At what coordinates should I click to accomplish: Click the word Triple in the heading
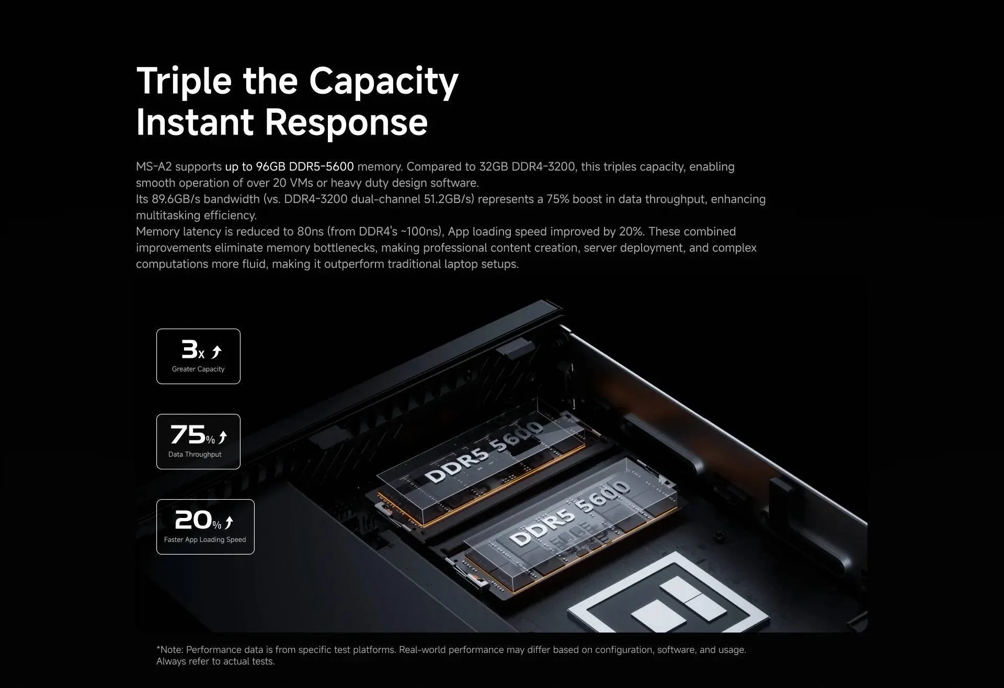pyautogui.click(x=184, y=82)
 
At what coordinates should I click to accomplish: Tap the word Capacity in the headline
pyautogui.click(x=383, y=82)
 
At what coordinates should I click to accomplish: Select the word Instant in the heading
pyautogui.click(x=195, y=122)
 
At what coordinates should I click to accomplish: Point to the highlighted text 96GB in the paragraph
pyautogui.click(x=270, y=167)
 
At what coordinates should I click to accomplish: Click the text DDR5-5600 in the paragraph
pyautogui.click(x=321, y=167)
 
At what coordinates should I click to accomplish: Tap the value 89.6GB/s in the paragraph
pyautogui.click(x=176, y=199)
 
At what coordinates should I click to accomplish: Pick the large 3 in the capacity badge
pyautogui.click(x=189, y=349)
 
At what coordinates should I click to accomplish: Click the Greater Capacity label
pyautogui.click(x=198, y=369)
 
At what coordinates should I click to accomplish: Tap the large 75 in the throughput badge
pyautogui.click(x=188, y=434)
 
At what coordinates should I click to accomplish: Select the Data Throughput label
pyautogui.click(x=195, y=455)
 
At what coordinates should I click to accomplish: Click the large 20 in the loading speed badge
pyautogui.click(x=193, y=520)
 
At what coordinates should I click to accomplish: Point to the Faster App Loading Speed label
pyautogui.click(x=205, y=540)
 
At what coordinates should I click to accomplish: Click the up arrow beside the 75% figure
pyautogui.click(x=223, y=437)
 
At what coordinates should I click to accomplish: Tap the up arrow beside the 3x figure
pyautogui.click(x=216, y=352)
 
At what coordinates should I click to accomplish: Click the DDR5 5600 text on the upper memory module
pyautogui.click(x=484, y=451)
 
